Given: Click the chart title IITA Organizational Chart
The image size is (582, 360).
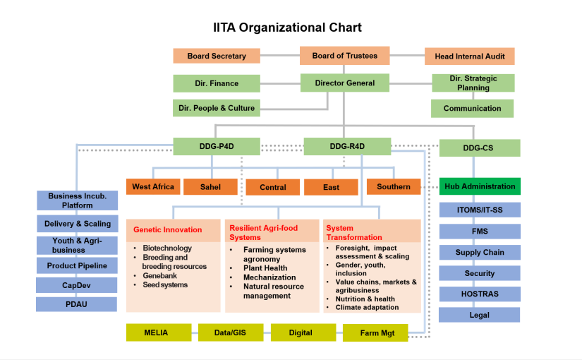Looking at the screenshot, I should tap(287, 28).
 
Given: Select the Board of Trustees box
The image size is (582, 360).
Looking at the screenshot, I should tap(344, 56).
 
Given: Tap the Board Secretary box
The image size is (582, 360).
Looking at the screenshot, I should tap(217, 56).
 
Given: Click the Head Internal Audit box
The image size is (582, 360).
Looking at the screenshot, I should tap(469, 56).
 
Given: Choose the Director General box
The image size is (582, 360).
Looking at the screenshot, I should tap(344, 83).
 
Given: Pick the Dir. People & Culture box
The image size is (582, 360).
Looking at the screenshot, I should tap(217, 108).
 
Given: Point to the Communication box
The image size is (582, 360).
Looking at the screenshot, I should tap(472, 109).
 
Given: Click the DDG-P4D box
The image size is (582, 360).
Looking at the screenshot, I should tap(217, 147).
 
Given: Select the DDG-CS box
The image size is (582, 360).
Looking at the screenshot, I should tap(479, 148).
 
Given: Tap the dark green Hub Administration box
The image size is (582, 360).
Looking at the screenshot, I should tap(479, 187).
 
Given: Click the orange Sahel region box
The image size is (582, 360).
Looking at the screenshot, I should tap(210, 187).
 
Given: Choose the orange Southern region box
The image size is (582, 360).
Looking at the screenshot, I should tap(393, 187).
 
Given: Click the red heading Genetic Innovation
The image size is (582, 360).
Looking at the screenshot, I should tap(168, 229).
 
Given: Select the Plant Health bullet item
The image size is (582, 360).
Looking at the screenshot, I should tap(265, 268).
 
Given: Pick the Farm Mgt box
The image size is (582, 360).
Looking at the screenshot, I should tap(375, 333).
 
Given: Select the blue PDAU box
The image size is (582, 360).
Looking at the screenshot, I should tap(76, 304).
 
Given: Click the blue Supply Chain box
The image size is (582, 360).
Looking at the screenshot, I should tap(479, 252).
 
